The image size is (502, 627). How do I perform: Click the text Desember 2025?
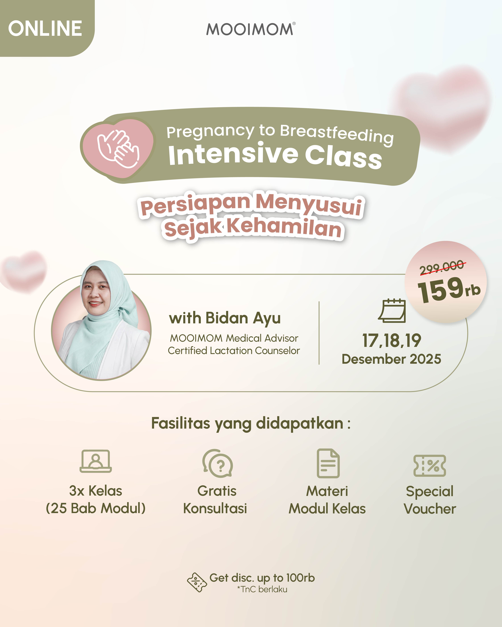(391, 359)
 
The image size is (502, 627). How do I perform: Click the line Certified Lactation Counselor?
(234, 351)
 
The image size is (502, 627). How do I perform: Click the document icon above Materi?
(328, 463)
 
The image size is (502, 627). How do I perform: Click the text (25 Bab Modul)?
(96, 508)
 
